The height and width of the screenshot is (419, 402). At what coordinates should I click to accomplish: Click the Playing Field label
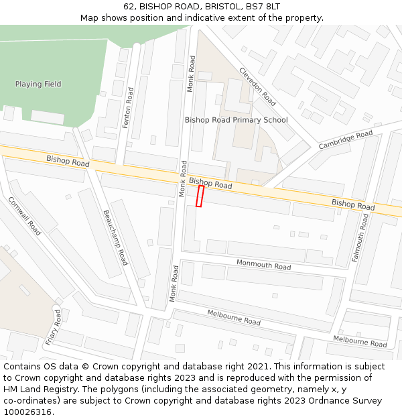(38, 84)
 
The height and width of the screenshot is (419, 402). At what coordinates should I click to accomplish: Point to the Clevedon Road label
(257, 86)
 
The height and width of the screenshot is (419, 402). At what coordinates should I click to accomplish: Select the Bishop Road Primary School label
(236, 120)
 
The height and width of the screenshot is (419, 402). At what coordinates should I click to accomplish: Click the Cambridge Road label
(345, 140)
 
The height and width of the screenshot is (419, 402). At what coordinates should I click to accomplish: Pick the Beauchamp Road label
(115, 237)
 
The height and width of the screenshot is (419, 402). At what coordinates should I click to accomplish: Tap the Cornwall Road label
(24, 216)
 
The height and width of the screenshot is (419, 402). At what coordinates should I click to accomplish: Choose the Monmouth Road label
(263, 265)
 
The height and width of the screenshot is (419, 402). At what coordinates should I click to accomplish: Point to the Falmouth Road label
(360, 238)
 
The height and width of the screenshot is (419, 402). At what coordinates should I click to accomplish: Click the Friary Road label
(53, 328)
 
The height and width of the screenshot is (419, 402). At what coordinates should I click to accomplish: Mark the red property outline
(199, 196)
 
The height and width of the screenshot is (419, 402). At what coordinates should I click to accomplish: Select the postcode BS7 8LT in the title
(263, 6)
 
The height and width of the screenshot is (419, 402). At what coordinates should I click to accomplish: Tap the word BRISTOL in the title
(216, 6)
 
